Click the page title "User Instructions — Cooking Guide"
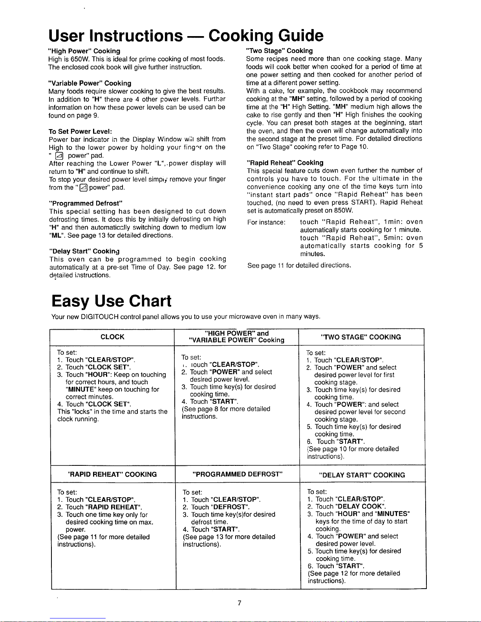[186, 36]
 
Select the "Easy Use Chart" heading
[112, 301]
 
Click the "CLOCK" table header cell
[112, 337]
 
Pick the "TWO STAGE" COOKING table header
[361, 337]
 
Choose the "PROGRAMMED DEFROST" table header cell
[238, 474]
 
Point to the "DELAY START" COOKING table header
[362, 475]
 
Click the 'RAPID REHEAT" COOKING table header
[112, 474]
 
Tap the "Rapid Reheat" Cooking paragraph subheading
[285, 162]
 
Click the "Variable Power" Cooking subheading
[90, 83]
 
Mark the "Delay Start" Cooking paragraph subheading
[84, 251]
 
